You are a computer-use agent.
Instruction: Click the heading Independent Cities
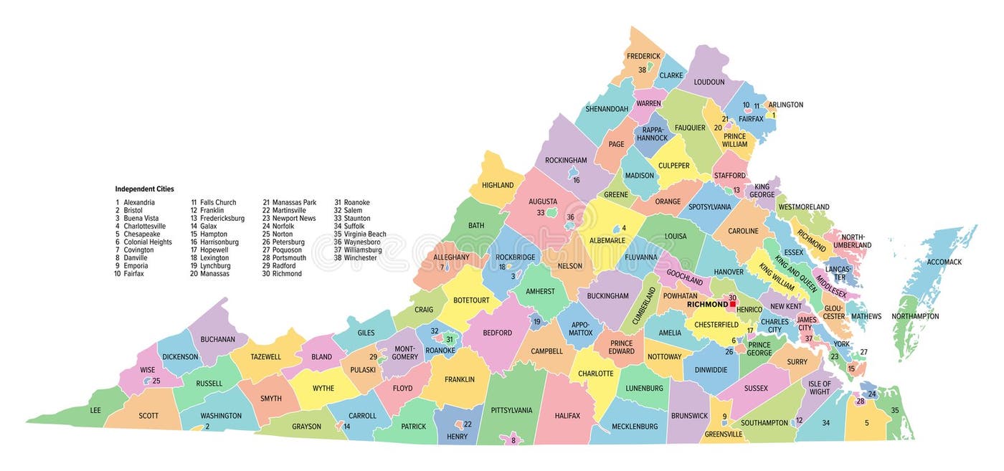[144, 189]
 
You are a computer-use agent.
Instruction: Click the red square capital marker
[733, 304]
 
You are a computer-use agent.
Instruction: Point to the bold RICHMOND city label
[707, 305]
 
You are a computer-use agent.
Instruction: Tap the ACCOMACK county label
[944, 262]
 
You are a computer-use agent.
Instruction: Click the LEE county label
[95, 411]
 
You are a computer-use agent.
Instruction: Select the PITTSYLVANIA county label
[511, 411]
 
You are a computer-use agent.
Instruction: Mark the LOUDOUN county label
[709, 82]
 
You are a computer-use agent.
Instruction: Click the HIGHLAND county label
[498, 186]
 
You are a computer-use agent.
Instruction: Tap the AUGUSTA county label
[543, 202]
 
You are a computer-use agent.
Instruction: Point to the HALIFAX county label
[567, 416]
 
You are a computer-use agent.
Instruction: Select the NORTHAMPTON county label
[915, 317]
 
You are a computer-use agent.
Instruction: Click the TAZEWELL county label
[265, 357]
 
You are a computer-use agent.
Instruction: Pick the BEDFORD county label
[497, 333]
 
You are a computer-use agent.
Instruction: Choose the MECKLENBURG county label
[634, 427]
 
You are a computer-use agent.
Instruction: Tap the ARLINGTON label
[785, 105]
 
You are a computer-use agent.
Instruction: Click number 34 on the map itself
[825, 423]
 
